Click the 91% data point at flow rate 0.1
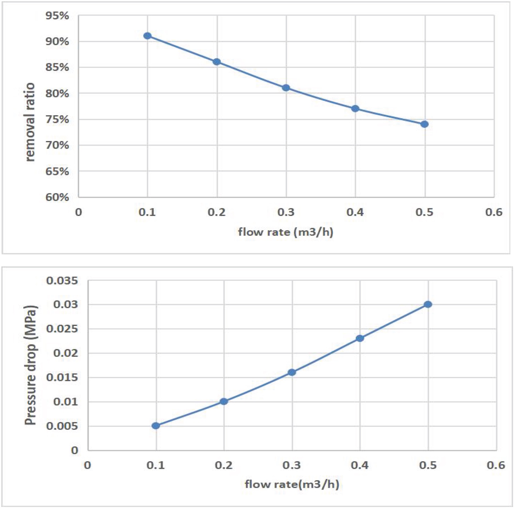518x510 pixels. point(147,36)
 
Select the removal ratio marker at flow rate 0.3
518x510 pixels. point(286,88)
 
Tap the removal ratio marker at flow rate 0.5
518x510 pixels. point(425,124)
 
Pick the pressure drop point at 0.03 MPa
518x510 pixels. point(428,304)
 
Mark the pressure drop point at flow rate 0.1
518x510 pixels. point(156,426)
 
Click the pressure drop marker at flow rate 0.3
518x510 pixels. point(292,372)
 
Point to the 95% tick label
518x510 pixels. point(57,16)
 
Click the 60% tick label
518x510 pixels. point(57,197)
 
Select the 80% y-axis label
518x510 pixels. point(57,93)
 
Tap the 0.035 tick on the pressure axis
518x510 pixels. point(62,280)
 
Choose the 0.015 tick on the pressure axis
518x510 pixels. point(62,378)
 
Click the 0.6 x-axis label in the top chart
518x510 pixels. point(494,212)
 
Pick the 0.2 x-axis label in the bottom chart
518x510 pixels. point(224,465)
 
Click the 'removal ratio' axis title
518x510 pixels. point(30,122)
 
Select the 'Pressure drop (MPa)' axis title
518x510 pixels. point(30,365)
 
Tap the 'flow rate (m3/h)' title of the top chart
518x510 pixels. point(286,232)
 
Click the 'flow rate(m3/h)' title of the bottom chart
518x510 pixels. point(292,484)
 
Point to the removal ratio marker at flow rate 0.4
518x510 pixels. point(355,108)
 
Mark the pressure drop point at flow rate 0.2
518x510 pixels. point(224,402)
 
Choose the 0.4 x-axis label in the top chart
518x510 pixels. point(355,212)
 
